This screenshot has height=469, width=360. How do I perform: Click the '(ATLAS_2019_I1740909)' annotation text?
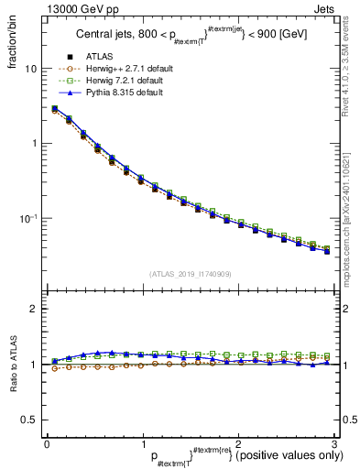point(190,273)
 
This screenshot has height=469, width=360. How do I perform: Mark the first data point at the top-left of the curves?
point(55,109)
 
